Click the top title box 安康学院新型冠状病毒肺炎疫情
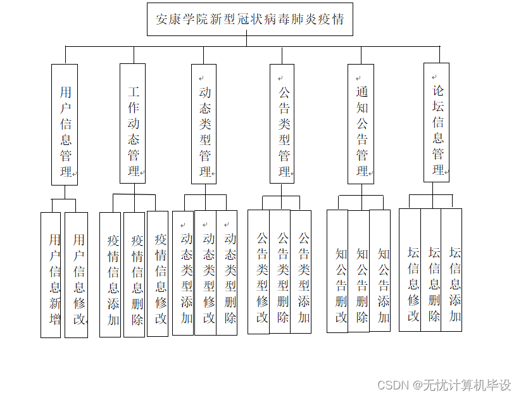[x=249, y=19]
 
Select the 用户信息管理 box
[x=65, y=125]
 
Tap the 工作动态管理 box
[x=132, y=123]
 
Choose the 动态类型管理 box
[x=204, y=124]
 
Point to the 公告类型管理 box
[x=282, y=124]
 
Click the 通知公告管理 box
[x=361, y=124]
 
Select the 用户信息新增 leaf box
[x=51, y=274]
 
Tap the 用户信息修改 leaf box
[x=76, y=274]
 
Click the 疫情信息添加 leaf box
[x=110, y=274]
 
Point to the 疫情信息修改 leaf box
[x=158, y=274]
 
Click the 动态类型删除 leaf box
[x=227, y=273]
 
